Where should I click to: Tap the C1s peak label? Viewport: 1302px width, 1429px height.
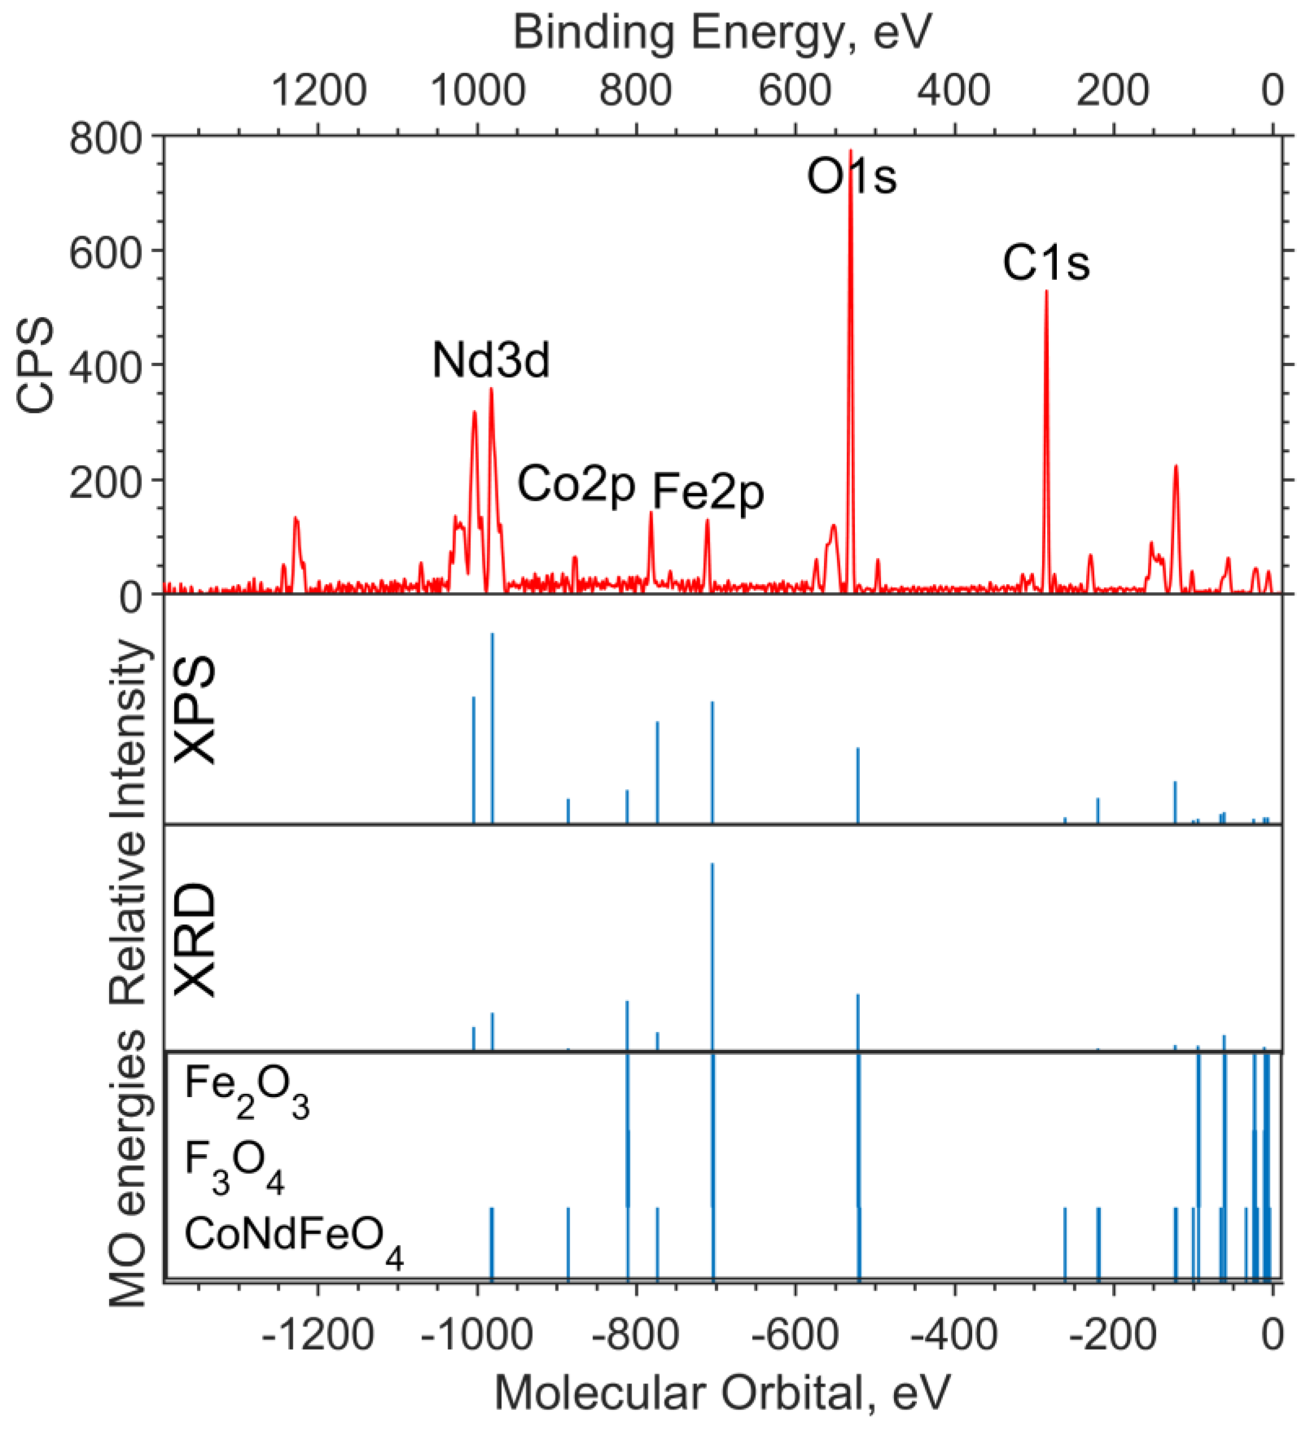point(1045,263)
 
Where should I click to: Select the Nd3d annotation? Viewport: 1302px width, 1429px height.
point(491,361)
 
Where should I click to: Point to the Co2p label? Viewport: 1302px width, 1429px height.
point(576,485)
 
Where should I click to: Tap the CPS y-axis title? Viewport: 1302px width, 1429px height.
point(35,364)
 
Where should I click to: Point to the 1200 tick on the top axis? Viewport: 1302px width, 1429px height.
point(318,91)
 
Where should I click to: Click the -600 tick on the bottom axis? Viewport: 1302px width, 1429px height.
point(796,1335)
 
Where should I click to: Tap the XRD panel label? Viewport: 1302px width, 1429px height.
point(195,940)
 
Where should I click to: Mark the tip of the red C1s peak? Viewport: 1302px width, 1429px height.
point(1046,291)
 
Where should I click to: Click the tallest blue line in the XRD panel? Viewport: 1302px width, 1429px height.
point(712,865)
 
